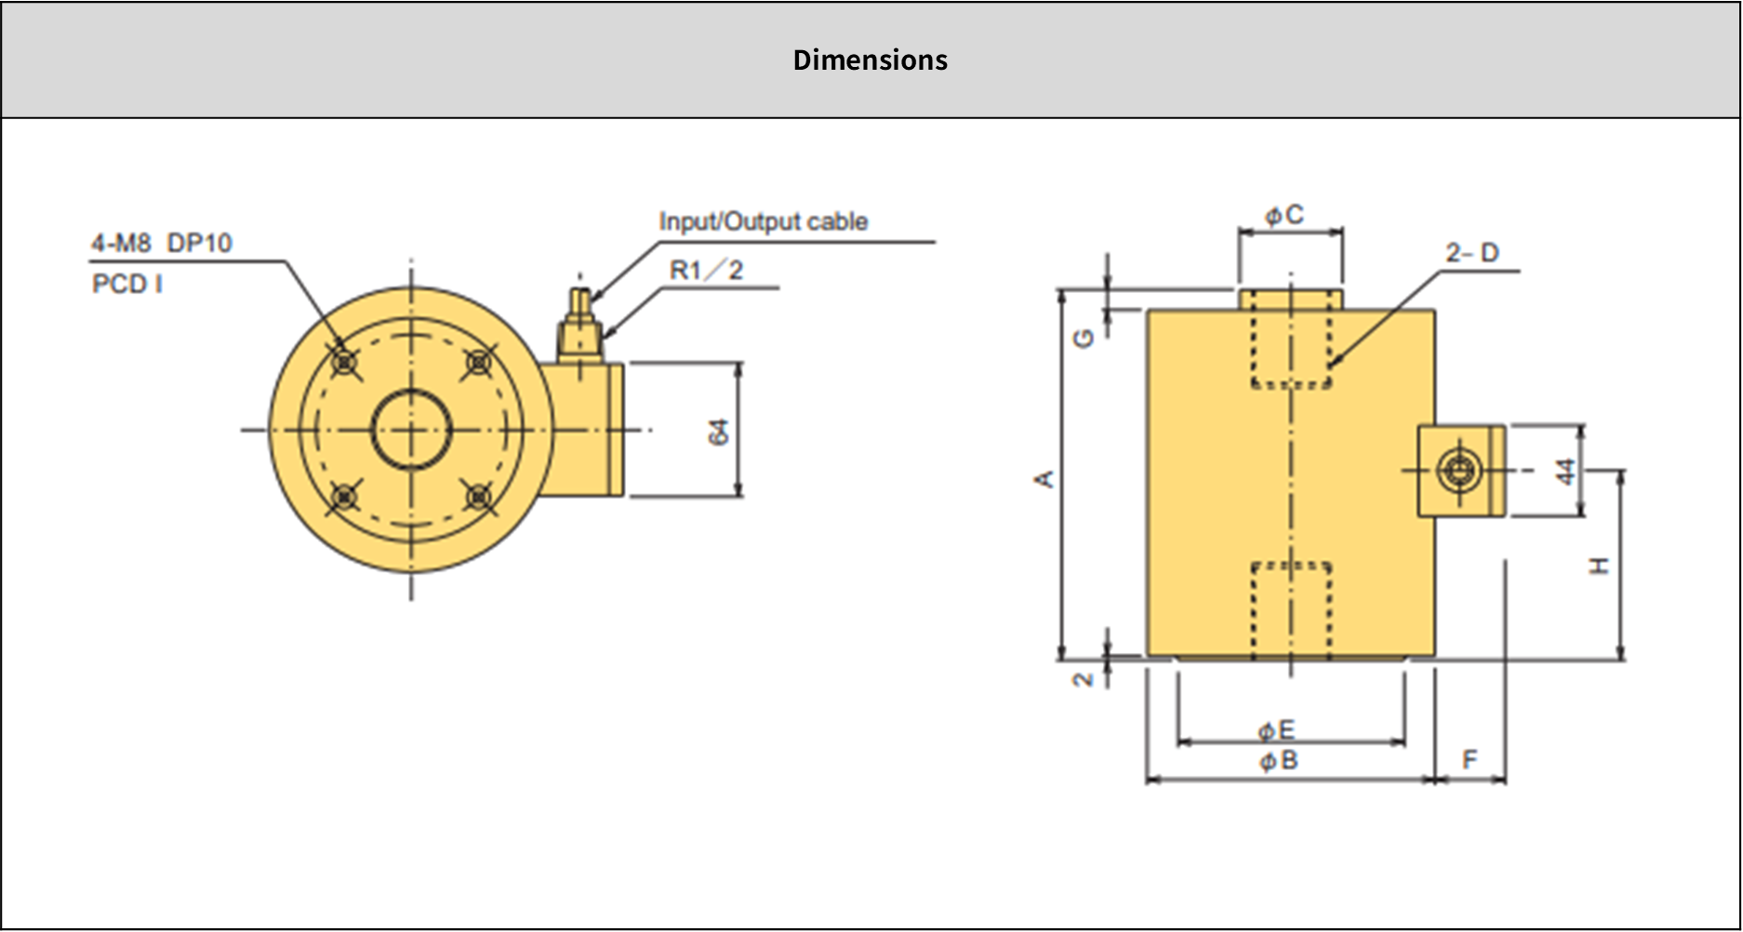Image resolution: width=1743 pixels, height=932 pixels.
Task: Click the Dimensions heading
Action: coord(870,60)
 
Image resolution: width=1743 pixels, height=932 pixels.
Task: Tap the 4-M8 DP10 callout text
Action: coord(161,244)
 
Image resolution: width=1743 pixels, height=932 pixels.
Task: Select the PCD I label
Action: coord(127,284)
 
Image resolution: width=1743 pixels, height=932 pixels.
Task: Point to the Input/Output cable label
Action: coord(763,222)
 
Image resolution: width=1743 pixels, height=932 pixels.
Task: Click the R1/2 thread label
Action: coord(706,271)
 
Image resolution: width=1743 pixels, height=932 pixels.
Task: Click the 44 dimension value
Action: coord(1566,471)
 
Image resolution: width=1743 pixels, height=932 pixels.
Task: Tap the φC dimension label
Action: coord(1284,216)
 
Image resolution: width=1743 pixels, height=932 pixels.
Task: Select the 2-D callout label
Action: coord(1471,253)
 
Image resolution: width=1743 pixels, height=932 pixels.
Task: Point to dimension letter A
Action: coord(1045,479)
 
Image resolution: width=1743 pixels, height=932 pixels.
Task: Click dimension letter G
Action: coord(1084,339)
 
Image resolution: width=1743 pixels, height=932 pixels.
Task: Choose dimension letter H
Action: coord(1599,566)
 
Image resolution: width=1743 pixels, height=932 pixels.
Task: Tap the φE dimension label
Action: coord(1276,731)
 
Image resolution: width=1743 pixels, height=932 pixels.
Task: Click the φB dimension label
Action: coord(1279,762)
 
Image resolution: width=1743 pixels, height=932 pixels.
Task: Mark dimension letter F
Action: coord(1470,760)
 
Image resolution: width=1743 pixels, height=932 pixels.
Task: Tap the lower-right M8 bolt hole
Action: coord(479,498)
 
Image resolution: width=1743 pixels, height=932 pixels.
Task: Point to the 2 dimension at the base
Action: coord(1083,679)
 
